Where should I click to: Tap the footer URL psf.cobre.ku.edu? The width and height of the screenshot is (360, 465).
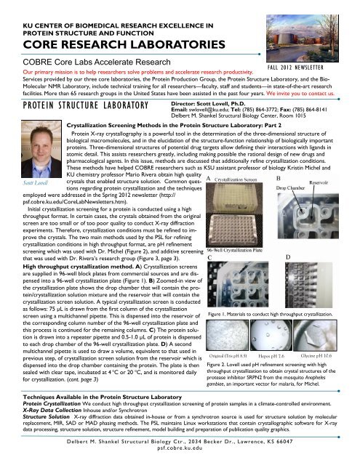tap(179, 450)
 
